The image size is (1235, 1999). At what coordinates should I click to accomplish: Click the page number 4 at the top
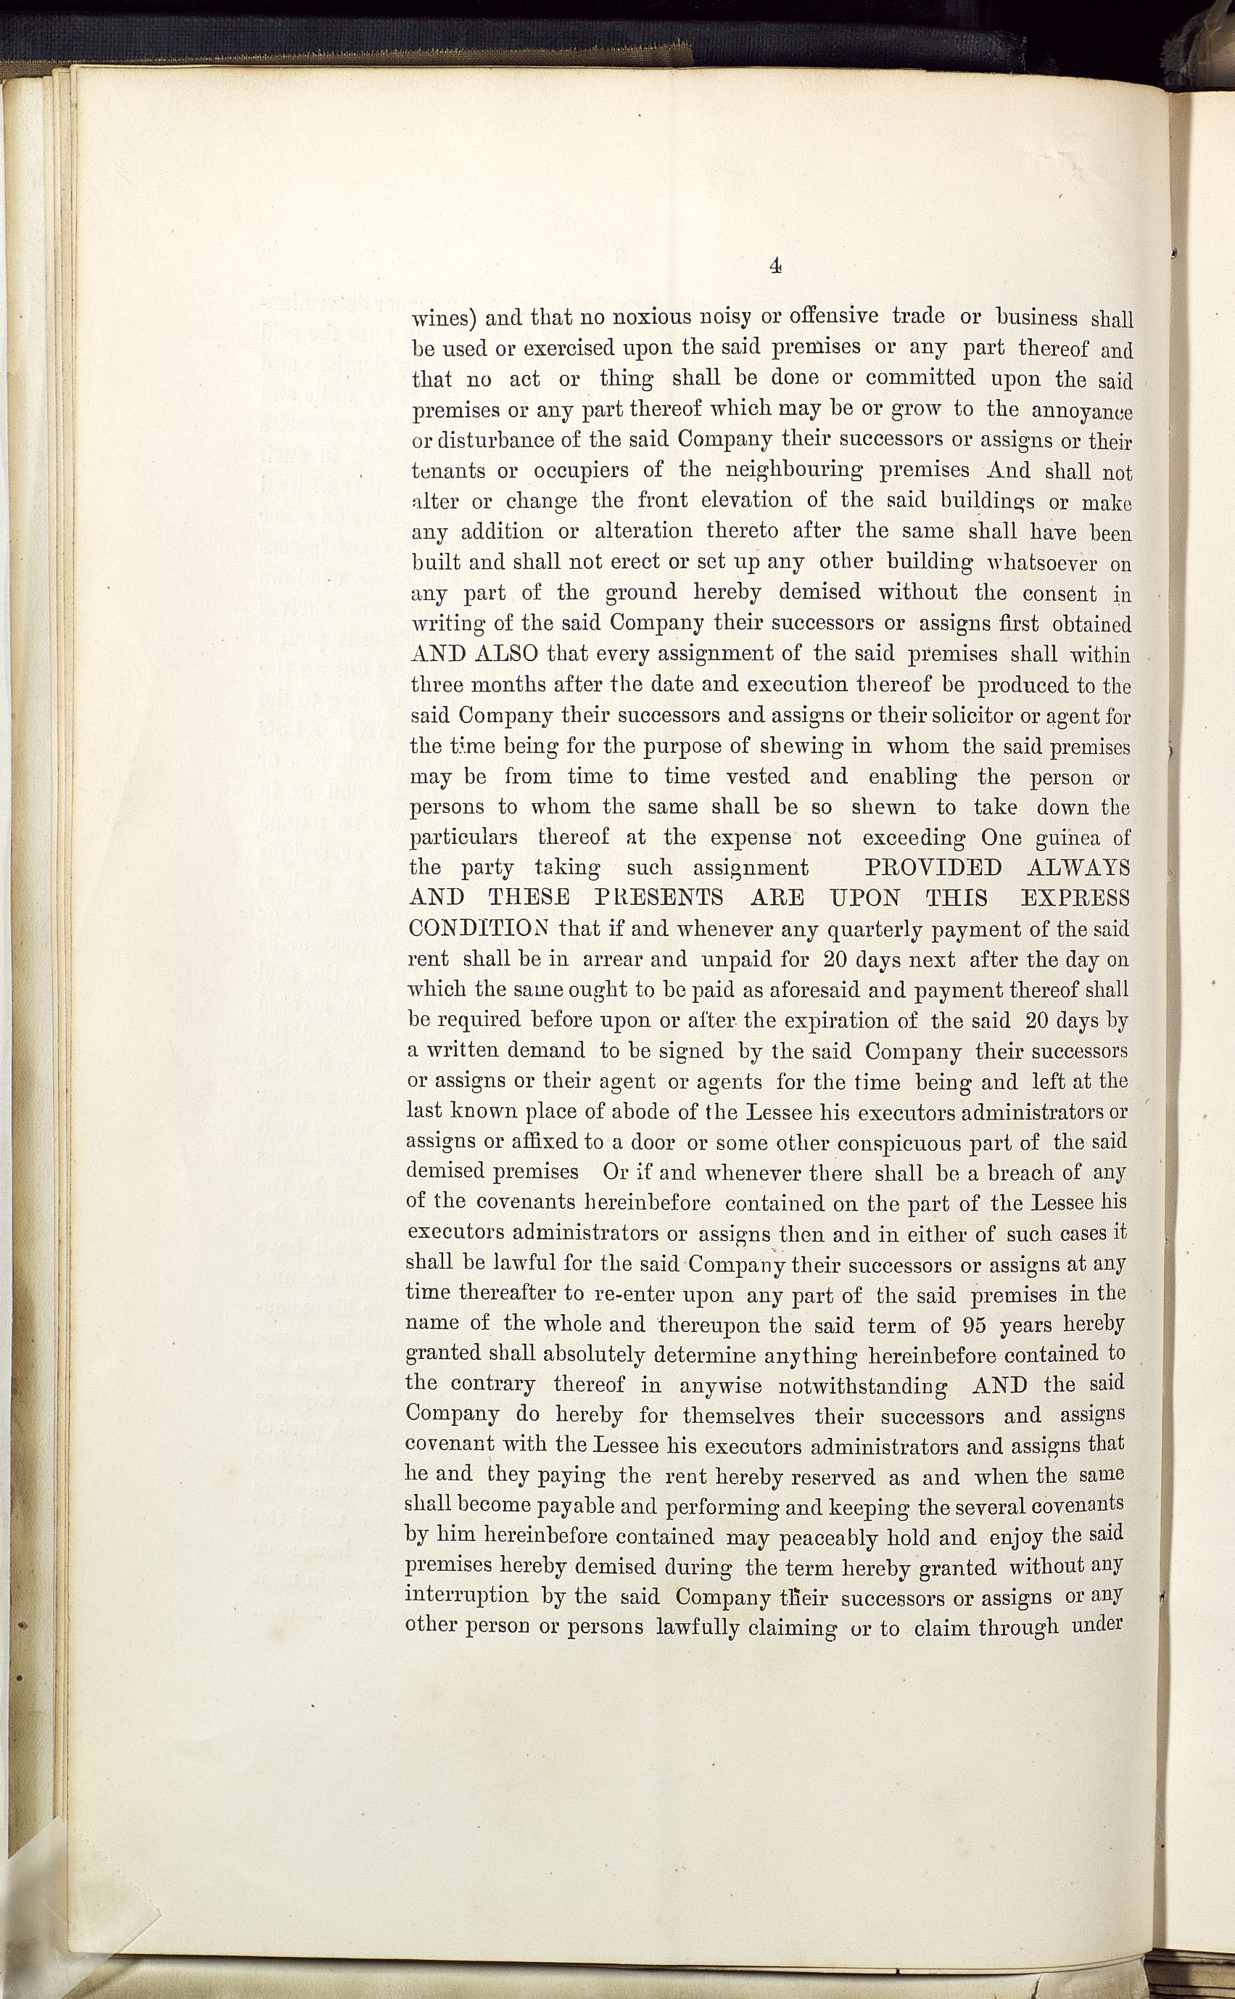coord(775,265)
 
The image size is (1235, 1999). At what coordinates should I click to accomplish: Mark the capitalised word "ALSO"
coord(504,654)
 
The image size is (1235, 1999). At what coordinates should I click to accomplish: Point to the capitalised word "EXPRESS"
coord(1075,898)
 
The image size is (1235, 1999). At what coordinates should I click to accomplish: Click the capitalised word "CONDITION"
coord(479,929)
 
